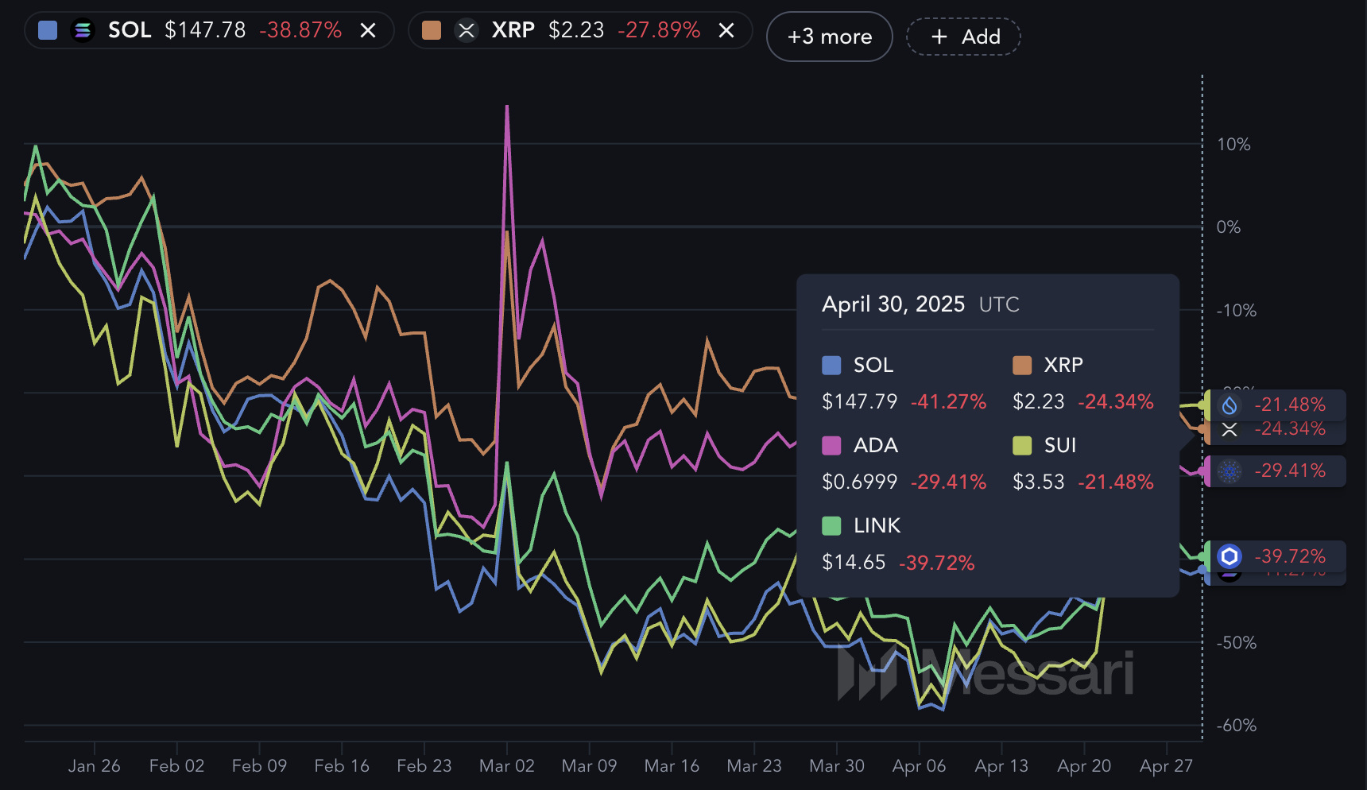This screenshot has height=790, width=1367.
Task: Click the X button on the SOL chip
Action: (x=368, y=30)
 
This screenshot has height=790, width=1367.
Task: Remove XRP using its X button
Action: (x=726, y=30)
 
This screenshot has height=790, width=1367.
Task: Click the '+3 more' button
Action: (x=829, y=37)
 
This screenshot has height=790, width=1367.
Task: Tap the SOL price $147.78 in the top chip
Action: (x=205, y=30)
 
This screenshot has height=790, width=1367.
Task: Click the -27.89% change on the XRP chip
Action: (x=659, y=30)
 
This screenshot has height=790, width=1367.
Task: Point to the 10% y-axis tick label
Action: (x=1233, y=145)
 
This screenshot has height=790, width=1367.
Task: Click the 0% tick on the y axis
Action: (x=1228, y=227)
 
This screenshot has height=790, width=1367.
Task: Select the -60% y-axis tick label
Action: (x=1236, y=726)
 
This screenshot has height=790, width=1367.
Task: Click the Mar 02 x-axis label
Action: (x=506, y=766)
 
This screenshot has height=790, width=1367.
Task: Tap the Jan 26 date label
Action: (x=94, y=766)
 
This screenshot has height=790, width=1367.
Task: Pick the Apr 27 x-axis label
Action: (x=1166, y=766)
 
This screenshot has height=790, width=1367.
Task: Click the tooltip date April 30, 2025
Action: (x=893, y=304)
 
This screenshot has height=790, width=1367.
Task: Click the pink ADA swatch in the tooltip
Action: (x=831, y=445)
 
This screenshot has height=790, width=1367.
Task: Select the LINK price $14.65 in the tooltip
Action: (x=854, y=563)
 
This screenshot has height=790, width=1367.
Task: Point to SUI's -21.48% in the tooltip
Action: (x=1115, y=482)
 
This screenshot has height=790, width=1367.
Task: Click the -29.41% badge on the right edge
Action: (x=1289, y=471)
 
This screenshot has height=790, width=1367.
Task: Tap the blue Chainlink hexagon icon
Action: (x=1230, y=556)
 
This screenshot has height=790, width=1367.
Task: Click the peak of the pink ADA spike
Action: (x=507, y=106)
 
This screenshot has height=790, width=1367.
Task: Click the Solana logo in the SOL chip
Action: (x=83, y=30)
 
